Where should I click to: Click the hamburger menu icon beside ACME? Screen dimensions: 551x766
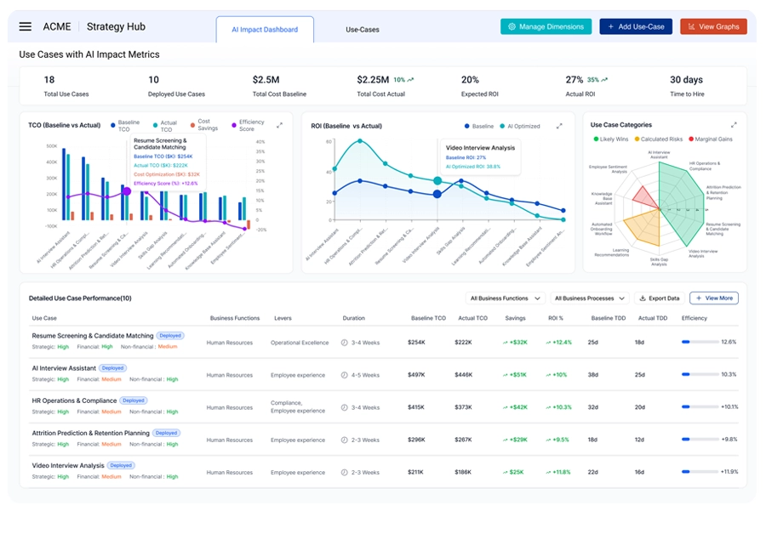[26, 27]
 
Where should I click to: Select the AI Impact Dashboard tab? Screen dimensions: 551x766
[265, 30]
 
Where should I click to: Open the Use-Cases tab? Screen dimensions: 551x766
[363, 30]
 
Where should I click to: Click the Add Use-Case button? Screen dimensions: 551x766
[636, 26]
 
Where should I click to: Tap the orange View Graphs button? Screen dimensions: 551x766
[713, 26]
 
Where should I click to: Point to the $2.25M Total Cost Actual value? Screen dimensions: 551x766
[373, 80]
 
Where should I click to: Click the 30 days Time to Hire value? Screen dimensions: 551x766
[686, 80]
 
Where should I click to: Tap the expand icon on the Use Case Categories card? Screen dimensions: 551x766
[734, 125]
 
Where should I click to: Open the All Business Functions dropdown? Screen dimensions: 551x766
[506, 298]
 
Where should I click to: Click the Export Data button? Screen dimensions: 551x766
[659, 298]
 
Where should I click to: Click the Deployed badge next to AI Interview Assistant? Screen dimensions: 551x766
[113, 368]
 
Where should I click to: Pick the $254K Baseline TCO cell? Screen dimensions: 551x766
[416, 343]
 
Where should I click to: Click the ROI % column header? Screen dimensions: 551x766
[557, 318]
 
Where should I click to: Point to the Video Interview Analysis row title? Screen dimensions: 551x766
[68, 465]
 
